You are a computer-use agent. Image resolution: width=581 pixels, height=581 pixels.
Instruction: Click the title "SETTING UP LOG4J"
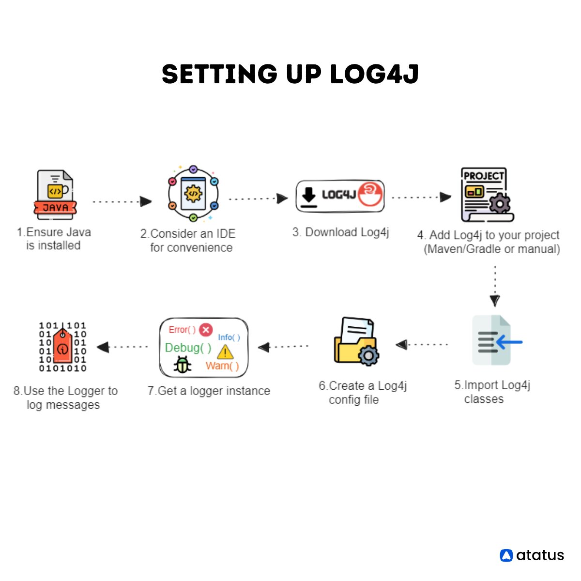point(290,75)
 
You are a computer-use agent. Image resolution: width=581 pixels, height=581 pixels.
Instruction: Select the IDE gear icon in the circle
point(193,194)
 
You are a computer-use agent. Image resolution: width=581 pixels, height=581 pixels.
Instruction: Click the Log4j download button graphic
point(340,196)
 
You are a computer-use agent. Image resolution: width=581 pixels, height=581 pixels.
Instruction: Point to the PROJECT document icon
point(486,195)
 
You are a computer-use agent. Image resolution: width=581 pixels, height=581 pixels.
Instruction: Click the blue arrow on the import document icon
point(509,342)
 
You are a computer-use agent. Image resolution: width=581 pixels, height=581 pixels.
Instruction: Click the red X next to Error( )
point(206,330)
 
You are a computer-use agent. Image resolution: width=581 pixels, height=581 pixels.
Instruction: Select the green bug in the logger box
point(183,365)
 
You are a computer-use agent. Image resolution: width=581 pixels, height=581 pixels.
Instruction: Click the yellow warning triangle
point(225,352)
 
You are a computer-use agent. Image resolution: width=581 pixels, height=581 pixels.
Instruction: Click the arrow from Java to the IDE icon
point(122,201)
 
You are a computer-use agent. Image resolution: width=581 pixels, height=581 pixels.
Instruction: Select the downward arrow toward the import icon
point(494,286)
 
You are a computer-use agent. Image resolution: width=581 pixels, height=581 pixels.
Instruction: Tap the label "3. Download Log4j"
point(340,232)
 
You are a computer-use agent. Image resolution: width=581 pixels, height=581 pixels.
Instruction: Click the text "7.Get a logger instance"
point(209,391)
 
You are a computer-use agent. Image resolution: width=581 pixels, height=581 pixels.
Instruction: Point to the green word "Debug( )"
point(188,347)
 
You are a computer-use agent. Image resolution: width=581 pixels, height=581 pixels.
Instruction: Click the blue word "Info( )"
point(229,337)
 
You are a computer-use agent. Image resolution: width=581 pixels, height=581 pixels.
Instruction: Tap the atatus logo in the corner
point(532,555)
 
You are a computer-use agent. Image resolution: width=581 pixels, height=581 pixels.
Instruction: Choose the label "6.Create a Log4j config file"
point(362,393)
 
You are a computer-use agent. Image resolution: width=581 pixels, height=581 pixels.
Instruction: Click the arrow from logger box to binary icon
point(122,347)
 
